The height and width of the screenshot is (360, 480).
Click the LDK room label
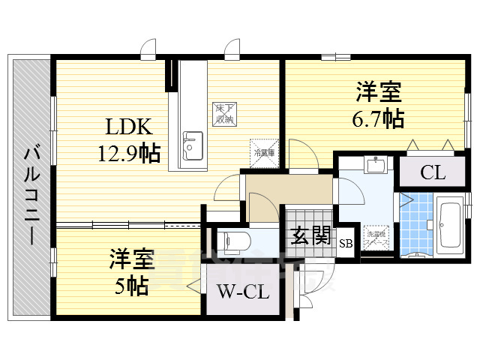[125, 126]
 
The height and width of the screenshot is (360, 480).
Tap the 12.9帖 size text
[128, 154]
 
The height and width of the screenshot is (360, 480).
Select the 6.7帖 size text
[379, 118]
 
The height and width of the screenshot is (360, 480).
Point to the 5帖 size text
[132, 285]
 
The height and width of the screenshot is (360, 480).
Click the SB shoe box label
[346, 243]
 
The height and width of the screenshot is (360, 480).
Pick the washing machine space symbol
[373, 236]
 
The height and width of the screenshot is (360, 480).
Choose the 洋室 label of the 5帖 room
[132, 260]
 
